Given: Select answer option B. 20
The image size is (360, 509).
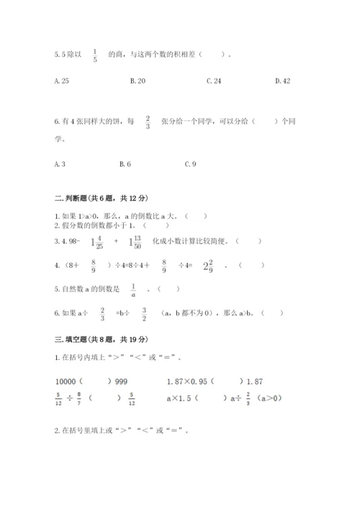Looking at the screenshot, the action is (x=138, y=81).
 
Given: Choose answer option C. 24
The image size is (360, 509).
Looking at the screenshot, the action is (x=214, y=81).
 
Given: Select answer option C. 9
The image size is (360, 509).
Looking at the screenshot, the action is (x=190, y=164).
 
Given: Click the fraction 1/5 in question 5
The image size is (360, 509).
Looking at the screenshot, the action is (x=95, y=55).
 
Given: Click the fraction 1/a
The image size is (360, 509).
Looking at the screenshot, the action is (x=132, y=290).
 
